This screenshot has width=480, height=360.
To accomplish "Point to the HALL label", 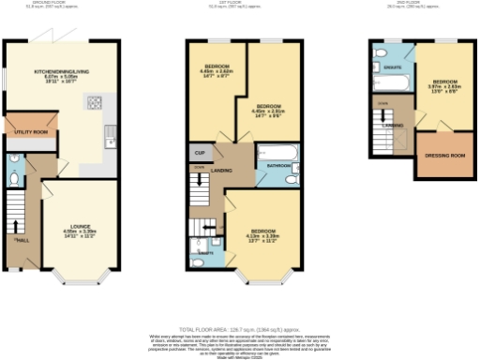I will click(x=20, y=242).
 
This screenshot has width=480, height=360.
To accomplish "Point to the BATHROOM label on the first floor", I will click(x=278, y=165).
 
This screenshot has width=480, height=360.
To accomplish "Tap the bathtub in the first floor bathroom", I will click(x=277, y=151).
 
